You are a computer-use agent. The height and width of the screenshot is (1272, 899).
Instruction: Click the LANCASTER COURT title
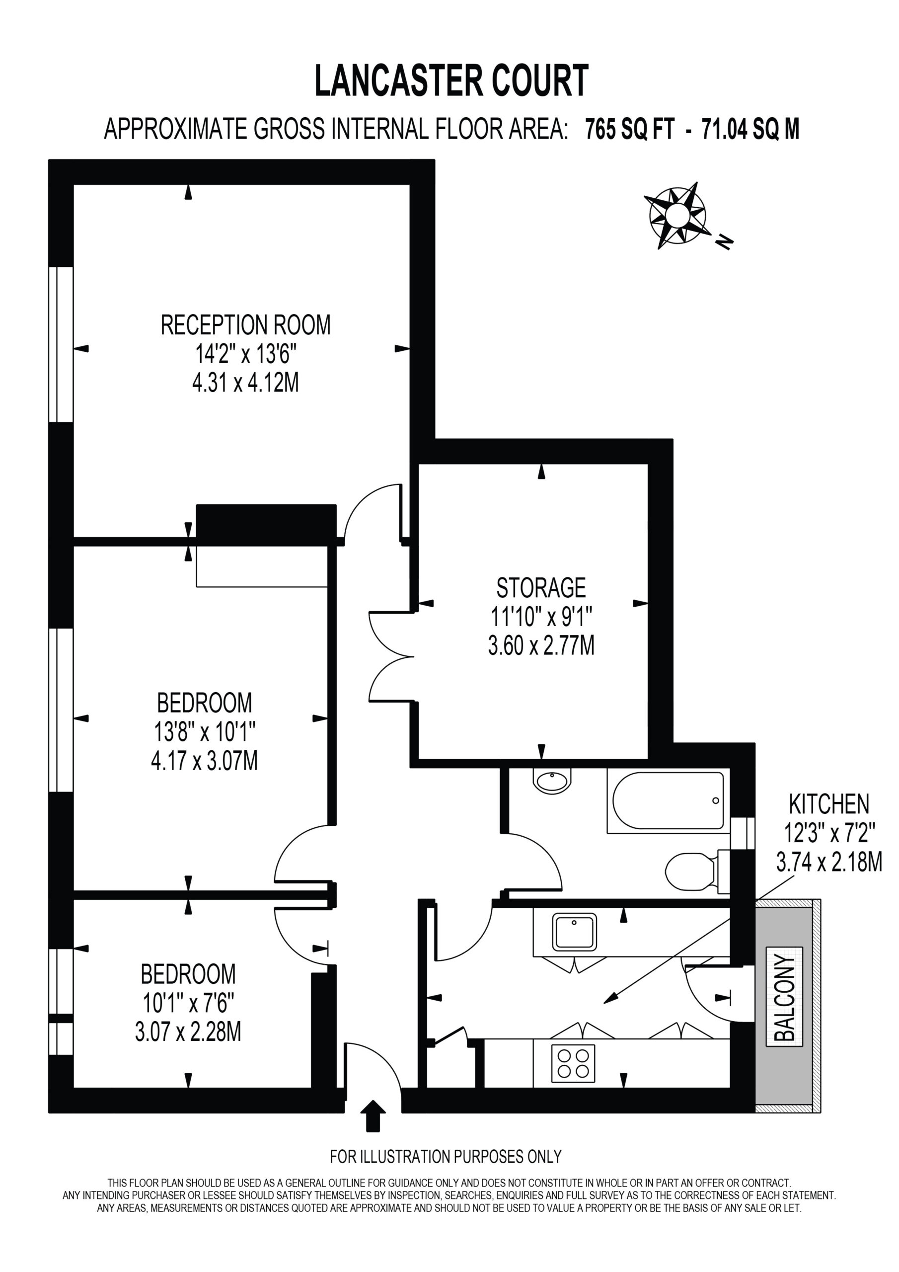tap(451, 81)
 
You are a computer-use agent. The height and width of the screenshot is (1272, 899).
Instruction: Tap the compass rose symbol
tap(677, 214)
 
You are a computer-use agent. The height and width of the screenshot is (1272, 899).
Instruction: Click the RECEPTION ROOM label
tap(245, 325)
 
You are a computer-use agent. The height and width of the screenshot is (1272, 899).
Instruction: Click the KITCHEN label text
tap(828, 803)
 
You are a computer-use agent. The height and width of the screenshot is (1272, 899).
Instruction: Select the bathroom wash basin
tap(552, 781)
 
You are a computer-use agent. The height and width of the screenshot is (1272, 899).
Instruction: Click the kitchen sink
tap(574, 932)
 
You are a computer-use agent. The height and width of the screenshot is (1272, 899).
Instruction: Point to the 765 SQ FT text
tap(630, 130)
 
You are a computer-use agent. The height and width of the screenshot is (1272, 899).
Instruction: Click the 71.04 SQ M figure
tap(750, 130)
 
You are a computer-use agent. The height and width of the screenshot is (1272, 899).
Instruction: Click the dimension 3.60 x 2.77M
tap(541, 645)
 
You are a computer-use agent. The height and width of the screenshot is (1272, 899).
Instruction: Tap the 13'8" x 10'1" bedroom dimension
tap(205, 732)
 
